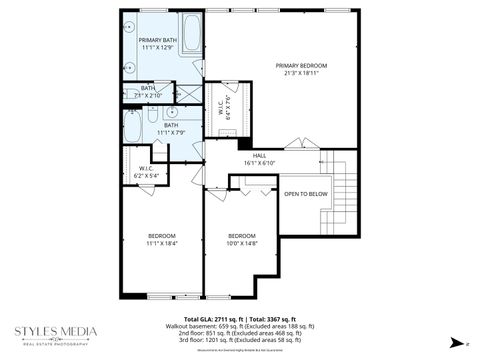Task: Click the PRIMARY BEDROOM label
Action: tap(301, 64)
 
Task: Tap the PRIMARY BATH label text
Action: tap(143, 40)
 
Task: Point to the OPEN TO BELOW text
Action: tap(305, 193)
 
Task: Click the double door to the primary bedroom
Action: tap(297, 145)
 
